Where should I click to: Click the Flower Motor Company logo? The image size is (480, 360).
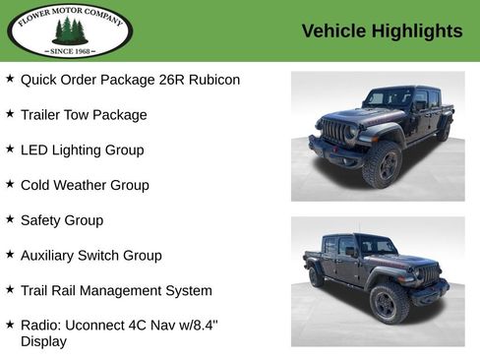pos(70,30)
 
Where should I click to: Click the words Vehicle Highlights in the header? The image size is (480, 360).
pos(382,31)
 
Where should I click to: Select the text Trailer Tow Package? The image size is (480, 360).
pos(84,115)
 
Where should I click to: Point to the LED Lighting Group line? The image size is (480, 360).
pos(82,150)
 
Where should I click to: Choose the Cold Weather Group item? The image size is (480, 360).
pos(85,185)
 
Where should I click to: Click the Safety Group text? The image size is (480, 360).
pos(61,220)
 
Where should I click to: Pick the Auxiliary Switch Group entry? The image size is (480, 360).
pos(90,256)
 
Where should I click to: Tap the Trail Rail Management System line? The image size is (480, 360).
pos(116,291)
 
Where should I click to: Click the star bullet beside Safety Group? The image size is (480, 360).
pos(10,219)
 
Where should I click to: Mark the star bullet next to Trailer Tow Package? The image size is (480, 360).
pos(10,114)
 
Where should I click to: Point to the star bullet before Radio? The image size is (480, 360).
pos(10,324)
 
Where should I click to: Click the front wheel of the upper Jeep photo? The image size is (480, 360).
pos(383,164)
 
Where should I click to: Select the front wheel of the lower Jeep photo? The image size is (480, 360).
pos(389,303)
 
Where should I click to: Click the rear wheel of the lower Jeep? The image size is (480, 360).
pos(317,276)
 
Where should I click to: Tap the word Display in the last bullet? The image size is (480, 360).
pos(43,341)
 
